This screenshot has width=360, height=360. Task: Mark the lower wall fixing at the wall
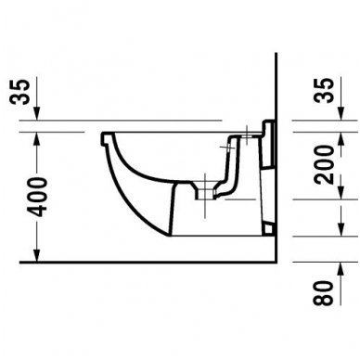point(269,225)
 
